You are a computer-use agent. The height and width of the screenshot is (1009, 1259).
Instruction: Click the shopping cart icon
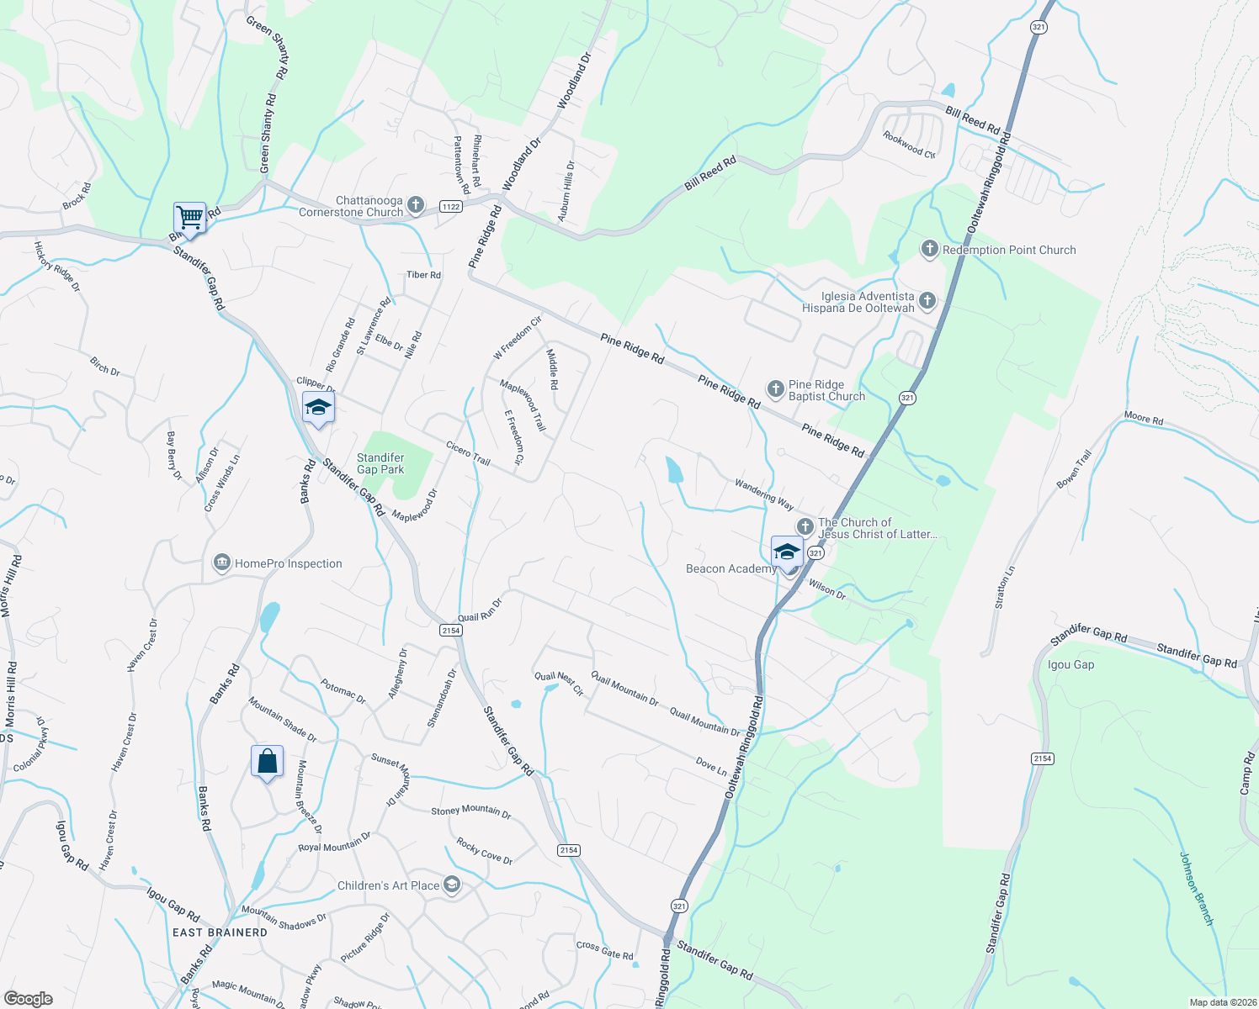point(190,218)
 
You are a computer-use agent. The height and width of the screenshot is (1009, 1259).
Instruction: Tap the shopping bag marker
point(267,762)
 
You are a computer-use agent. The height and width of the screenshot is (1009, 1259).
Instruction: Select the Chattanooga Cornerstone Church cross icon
point(416,205)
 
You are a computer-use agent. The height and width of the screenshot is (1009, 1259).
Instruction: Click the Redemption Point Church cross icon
point(929,249)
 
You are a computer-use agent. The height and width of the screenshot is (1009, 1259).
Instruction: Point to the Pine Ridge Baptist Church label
point(826,390)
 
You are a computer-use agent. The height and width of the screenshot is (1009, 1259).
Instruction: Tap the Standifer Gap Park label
point(380,464)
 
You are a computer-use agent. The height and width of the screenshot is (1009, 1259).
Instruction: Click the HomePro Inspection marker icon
point(222,563)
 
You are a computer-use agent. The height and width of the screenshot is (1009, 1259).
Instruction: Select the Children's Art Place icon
point(452,885)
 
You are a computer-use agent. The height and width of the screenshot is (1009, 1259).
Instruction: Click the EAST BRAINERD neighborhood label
point(220,932)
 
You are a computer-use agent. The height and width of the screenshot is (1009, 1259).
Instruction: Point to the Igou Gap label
point(1070,664)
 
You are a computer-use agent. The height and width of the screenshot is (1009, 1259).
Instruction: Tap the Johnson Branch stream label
point(1196,889)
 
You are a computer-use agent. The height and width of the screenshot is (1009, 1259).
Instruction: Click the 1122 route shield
point(450,206)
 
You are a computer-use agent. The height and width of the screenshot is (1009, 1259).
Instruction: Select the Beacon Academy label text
point(730,569)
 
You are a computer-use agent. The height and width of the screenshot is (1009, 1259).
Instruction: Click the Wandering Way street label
point(764,494)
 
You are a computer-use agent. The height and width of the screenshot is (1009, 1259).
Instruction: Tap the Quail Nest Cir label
point(559,683)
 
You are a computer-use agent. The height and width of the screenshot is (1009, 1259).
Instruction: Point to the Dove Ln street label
point(711,766)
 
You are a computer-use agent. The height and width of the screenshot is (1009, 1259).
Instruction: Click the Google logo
point(28,999)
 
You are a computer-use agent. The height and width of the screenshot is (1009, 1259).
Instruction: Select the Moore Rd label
point(1144,419)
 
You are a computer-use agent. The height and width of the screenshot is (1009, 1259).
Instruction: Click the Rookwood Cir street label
point(909,145)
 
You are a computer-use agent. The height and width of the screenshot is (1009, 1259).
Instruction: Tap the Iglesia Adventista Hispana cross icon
point(927,300)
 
